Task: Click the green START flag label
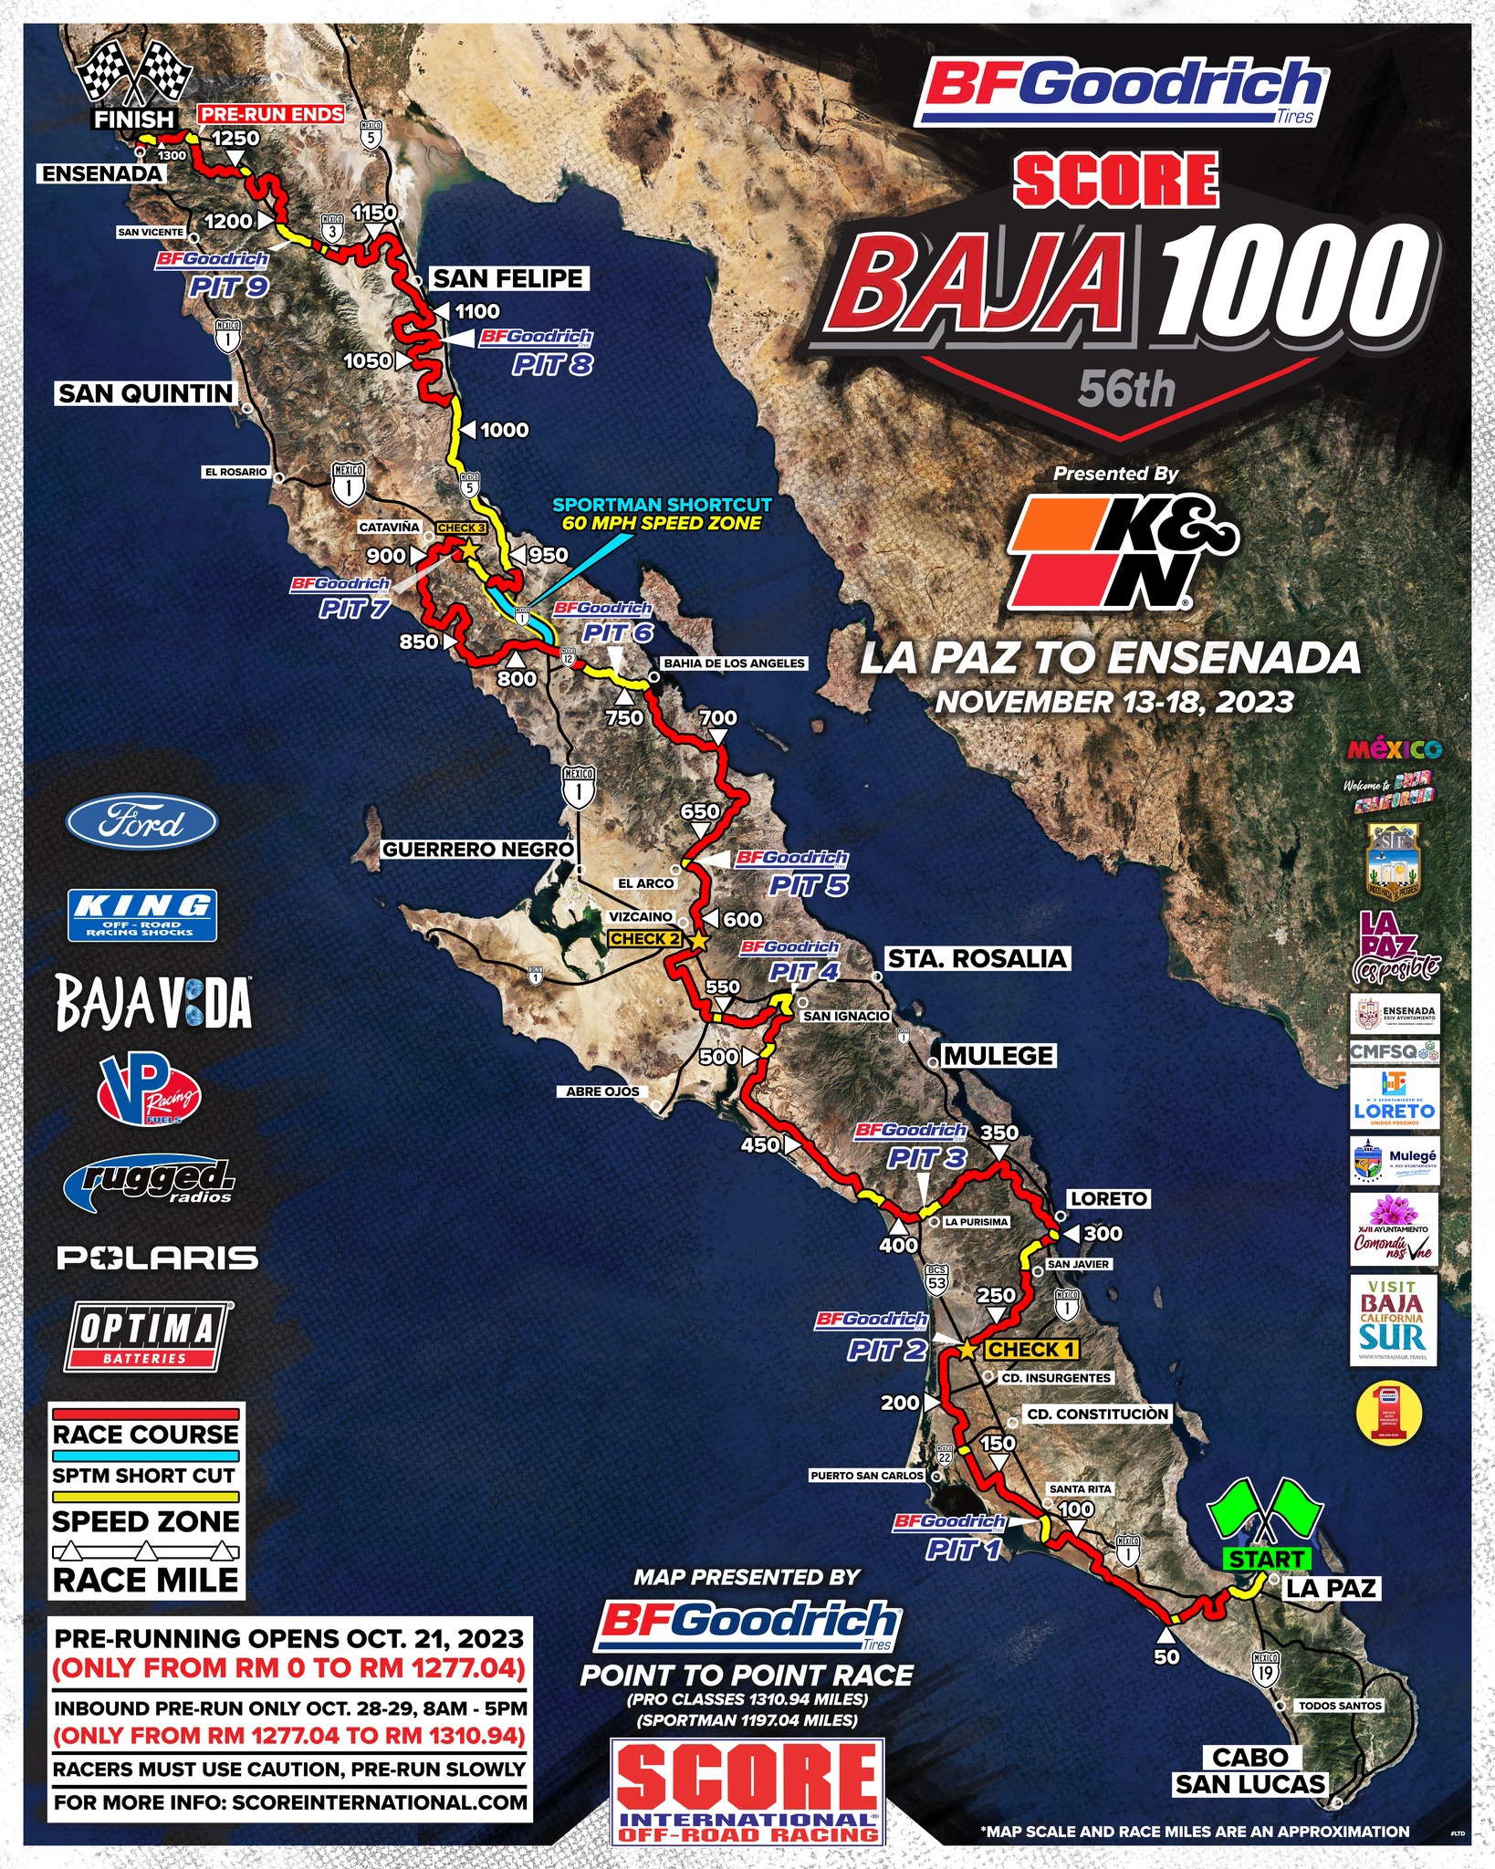(x=1266, y=1559)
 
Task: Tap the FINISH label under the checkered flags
(x=134, y=119)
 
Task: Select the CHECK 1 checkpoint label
(x=1032, y=1349)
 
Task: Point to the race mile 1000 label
(x=504, y=430)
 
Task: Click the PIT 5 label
(x=808, y=884)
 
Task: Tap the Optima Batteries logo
(x=146, y=1337)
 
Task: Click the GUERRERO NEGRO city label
(x=477, y=850)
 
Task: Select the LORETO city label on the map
(x=1109, y=1198)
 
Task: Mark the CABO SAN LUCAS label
(x=1249, y=1770)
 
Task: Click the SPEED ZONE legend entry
(x=146, y=1521)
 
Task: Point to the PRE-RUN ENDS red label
(x=272, y=114)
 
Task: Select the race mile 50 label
(x=1166, y=1656)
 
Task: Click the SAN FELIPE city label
(x=507, y=278)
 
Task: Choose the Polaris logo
(x=158, y=1258)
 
